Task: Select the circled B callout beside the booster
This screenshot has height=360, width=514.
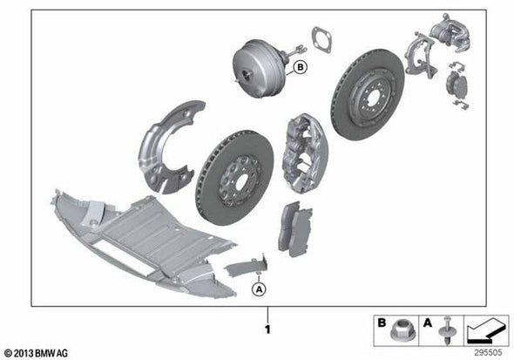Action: pos(301,66)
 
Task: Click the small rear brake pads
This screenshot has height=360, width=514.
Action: pos(456,83)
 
